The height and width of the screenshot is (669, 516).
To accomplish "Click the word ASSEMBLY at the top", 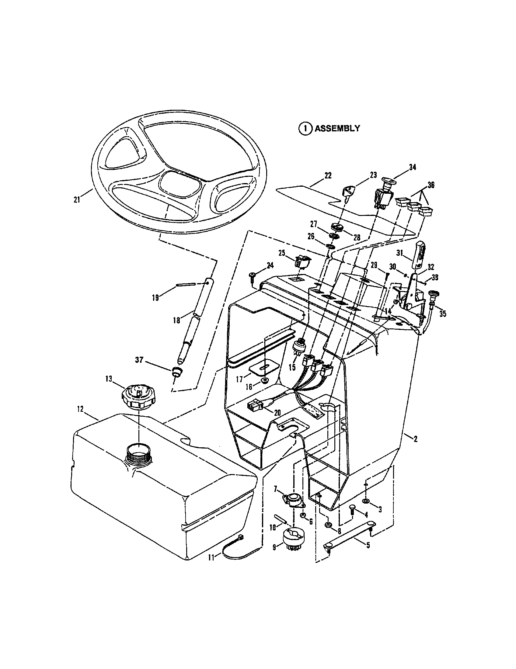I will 337,128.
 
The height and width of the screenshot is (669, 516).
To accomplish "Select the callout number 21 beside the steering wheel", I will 77,200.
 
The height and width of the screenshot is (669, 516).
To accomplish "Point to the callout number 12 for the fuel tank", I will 80,410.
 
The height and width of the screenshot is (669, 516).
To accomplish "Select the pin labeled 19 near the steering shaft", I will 186,285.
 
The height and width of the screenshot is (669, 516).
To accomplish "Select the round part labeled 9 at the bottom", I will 293,539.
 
